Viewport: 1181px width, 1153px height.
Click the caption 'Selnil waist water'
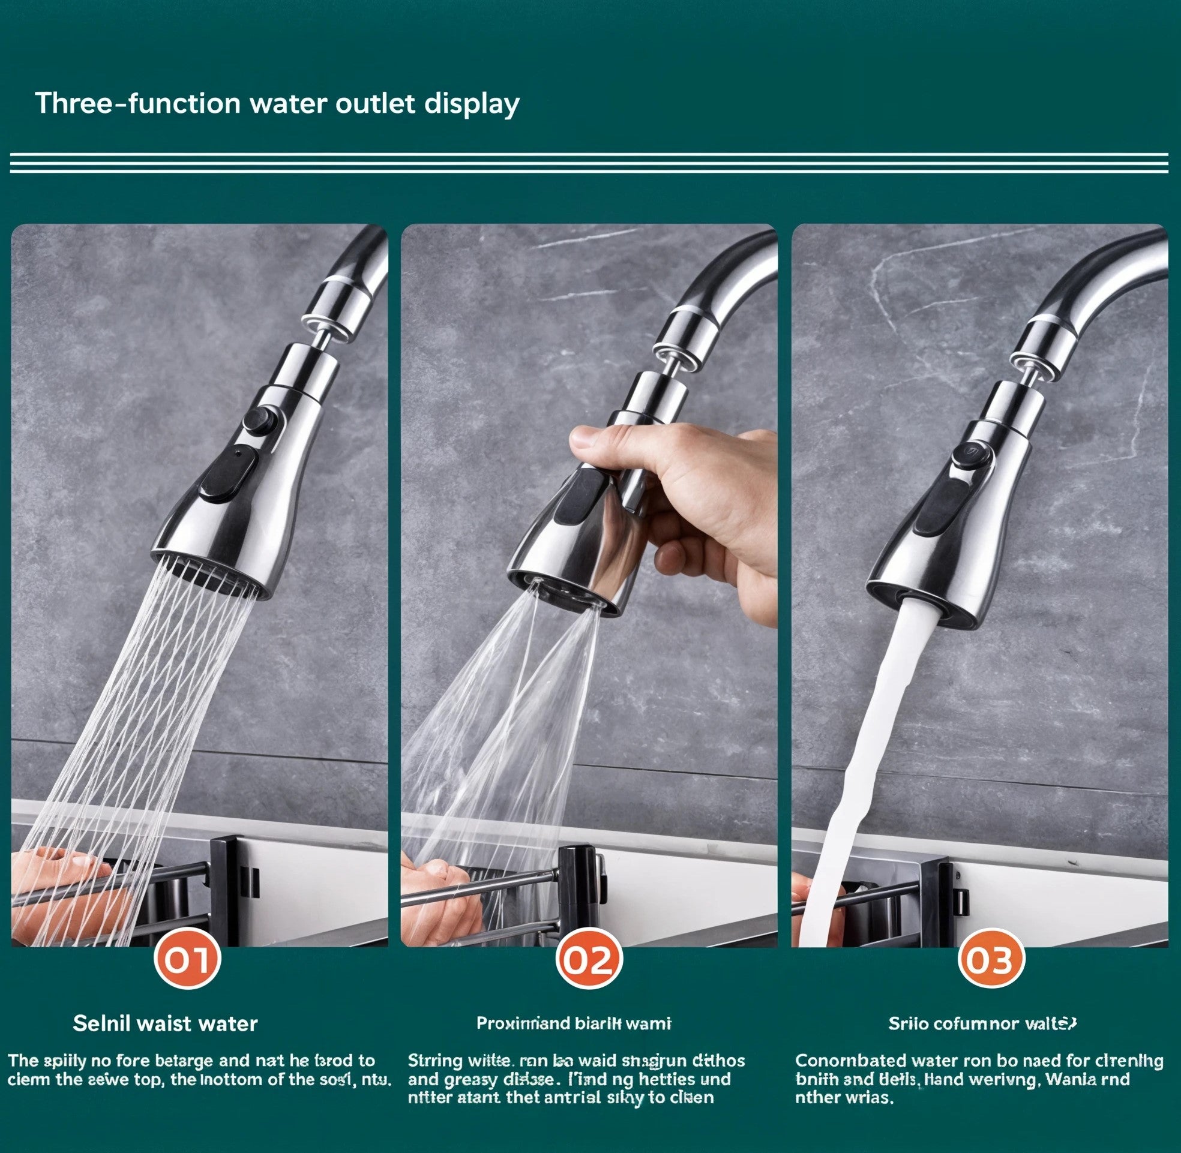tap(166, 1023)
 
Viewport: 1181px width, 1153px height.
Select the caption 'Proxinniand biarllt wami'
tap(574, 1023)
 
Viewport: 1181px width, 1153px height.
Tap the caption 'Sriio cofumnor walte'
tap(982, 1023)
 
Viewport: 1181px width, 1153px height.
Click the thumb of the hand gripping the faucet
tap(600, 437)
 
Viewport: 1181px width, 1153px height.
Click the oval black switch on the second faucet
tap(580, 497)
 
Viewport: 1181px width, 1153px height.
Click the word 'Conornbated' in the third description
tap(846, 1061)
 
